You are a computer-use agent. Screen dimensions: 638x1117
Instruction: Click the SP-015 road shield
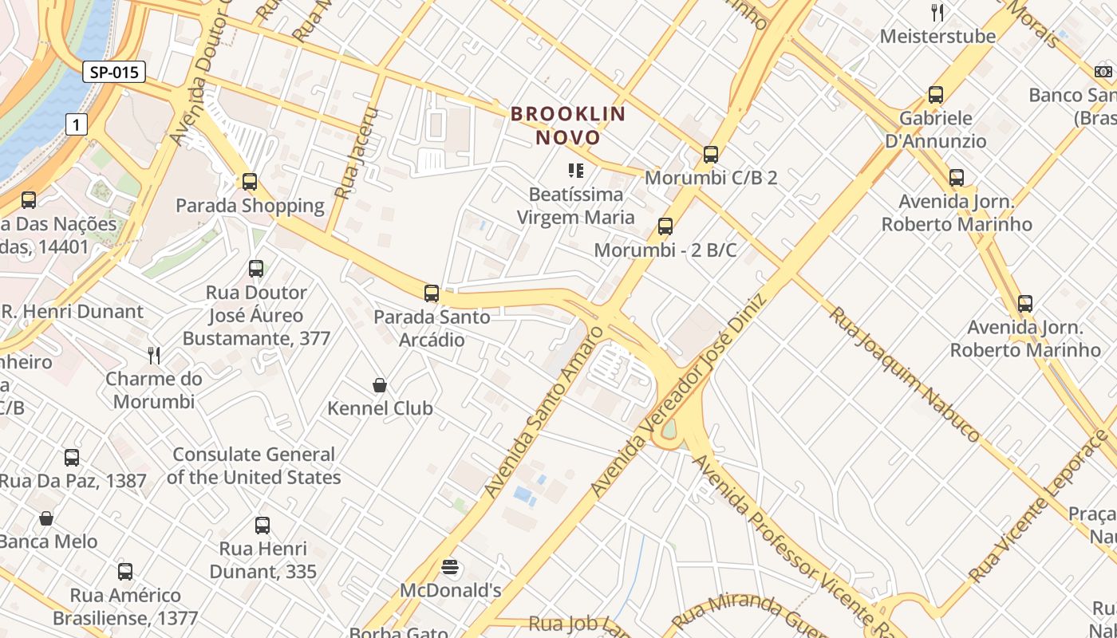pos(114,73)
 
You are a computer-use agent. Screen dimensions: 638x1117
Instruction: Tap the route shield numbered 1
pos(76,124)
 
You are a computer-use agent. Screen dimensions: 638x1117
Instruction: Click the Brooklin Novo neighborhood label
pos(568,125)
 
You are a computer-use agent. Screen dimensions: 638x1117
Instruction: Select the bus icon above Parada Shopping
pos(250,182)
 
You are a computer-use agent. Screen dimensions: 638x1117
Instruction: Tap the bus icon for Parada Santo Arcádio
pos(432,293)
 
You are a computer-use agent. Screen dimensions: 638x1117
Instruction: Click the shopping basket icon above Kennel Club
pos(380,385)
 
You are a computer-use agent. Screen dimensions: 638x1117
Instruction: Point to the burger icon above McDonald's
pos(450,567)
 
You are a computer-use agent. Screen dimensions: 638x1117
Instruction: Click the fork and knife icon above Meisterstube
pos(937,13)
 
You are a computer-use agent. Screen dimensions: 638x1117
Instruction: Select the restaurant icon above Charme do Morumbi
pos(154,355)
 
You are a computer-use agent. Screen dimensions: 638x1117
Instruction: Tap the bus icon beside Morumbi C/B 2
pos(710,155)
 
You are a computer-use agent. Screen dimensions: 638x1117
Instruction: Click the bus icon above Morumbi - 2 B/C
pos(665,226)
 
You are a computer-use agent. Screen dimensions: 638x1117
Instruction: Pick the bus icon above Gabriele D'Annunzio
pos(935,95)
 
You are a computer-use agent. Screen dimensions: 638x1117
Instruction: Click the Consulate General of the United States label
pos(254,466)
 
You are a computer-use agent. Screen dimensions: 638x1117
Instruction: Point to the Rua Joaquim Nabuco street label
pos(904,374)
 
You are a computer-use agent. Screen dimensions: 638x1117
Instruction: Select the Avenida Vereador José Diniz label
pos(678,395)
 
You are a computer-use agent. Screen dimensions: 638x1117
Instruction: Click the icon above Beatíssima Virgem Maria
pos(575,171)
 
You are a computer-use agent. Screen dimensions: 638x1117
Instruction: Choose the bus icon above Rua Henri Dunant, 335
pos(262,526)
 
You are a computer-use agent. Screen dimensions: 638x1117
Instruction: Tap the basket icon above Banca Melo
pos(46,518)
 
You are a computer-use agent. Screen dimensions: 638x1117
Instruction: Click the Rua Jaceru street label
pos(356,153)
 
